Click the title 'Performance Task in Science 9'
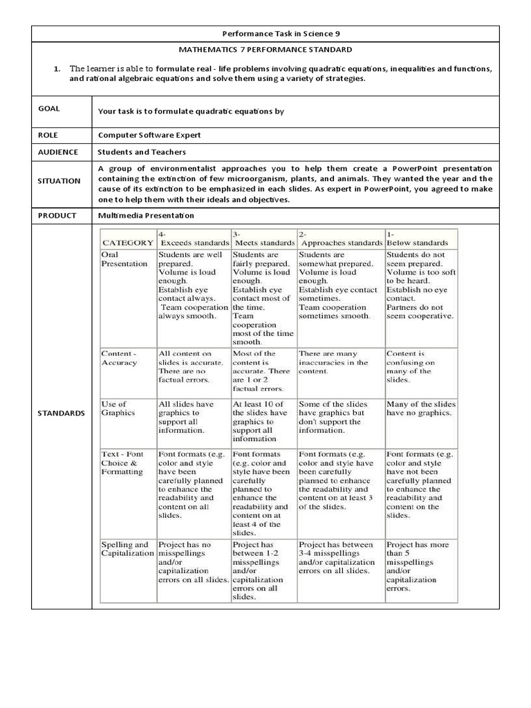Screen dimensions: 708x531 [x=281, y=33]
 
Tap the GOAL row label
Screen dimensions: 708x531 [x=49, y=109]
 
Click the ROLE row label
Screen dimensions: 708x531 [x=48, y=136]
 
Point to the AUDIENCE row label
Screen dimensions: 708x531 [x=58, y=152]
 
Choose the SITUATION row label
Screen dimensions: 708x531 [x=59, y=180]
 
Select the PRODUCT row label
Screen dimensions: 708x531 [x=57, y=215]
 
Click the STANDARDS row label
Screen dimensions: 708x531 [x=62, y=413]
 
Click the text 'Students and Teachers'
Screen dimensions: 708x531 [x=142, y=152]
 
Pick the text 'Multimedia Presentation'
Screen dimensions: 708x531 [x=146, y=215]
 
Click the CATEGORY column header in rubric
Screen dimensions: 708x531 [x=128, y=243]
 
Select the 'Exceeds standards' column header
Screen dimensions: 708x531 [x=194, y=243]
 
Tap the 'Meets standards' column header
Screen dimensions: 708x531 [x=264, y=243]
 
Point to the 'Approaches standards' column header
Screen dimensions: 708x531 [x=340, y=243]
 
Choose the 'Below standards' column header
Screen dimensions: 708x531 [x=417, y=243]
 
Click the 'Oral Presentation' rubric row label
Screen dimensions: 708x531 [x=124, y=259]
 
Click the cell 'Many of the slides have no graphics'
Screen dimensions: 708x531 [x=420, y=409]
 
